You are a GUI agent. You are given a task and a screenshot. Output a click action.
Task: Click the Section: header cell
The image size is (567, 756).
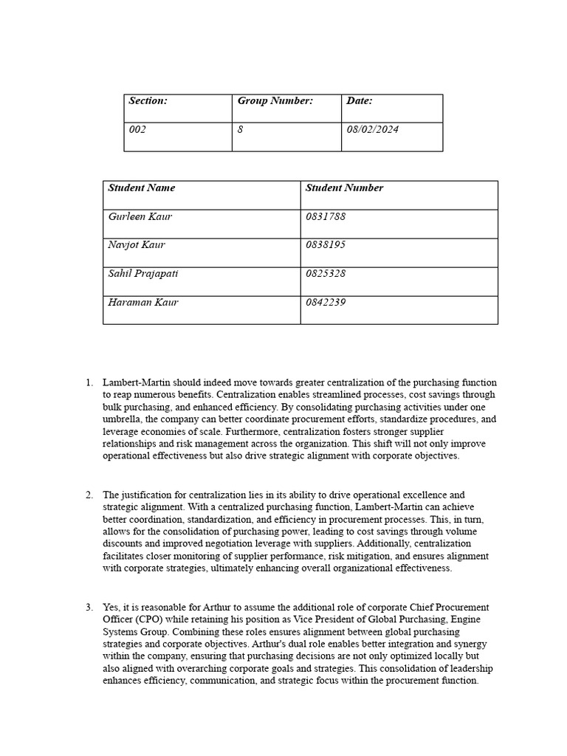point(148,101)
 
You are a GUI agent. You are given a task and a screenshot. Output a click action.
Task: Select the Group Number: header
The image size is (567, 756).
point(275,101)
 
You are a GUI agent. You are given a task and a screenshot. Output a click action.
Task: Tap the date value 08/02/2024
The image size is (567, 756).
point(372,130)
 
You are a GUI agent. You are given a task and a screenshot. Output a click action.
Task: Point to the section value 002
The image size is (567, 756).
point(137,130)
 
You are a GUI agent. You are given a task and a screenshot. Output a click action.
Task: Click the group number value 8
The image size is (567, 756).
point(240,130)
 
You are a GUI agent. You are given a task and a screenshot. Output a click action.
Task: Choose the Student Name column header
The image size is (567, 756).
point(141,188)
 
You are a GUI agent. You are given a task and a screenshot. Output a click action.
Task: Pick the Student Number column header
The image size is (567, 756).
point(344,188)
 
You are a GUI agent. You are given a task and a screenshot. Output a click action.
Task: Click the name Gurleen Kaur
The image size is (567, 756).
point(140,217)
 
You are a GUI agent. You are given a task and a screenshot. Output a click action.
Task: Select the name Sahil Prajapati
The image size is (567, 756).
point(142,274)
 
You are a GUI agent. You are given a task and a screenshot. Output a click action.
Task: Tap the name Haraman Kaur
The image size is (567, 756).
point(142,303)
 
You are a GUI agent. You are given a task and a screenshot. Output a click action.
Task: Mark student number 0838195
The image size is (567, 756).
point(325,245)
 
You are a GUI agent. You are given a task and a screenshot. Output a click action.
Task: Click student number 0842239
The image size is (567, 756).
point(325,303)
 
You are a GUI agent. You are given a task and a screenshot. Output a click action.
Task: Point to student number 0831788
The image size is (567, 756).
point(325,217)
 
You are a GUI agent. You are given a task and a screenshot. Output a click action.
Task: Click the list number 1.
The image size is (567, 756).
point(89,383)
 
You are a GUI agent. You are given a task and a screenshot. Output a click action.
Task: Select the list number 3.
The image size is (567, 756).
point(89,608)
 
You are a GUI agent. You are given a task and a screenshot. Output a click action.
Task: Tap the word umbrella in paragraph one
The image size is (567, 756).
point(123,419)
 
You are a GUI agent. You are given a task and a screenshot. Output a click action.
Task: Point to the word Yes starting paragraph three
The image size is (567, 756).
point(111,608)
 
